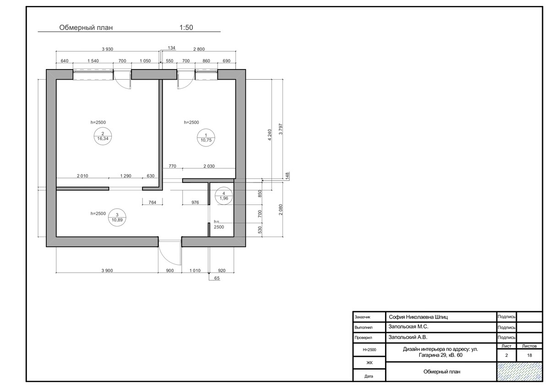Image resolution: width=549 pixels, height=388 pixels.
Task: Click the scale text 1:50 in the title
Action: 186,27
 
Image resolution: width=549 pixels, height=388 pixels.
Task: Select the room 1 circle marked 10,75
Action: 206,138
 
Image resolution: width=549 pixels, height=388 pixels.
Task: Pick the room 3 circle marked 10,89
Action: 117,217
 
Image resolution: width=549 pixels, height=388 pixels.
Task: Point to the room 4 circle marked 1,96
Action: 224,195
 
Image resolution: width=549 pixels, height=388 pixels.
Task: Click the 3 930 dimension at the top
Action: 108,49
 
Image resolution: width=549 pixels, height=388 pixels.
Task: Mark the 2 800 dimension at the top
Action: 199,49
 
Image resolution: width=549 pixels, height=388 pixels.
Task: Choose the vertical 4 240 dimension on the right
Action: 269,135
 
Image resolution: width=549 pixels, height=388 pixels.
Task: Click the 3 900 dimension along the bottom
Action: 107,270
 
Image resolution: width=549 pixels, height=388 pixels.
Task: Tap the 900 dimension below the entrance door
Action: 170,270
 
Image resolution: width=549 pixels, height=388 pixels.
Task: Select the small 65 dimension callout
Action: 217,279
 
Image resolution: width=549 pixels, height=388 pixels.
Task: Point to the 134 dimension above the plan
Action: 172,48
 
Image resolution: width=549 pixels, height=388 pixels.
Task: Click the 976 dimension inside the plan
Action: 195,202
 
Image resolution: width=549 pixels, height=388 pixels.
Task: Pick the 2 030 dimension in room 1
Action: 209,166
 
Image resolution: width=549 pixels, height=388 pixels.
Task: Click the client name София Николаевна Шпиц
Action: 418,318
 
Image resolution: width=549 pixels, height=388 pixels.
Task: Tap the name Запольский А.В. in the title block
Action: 408,337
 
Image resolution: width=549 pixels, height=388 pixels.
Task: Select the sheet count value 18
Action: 529,355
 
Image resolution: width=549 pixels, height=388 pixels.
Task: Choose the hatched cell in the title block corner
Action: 519,372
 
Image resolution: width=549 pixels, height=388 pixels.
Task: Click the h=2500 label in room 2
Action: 98,123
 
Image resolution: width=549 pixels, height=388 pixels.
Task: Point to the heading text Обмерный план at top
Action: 86,27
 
